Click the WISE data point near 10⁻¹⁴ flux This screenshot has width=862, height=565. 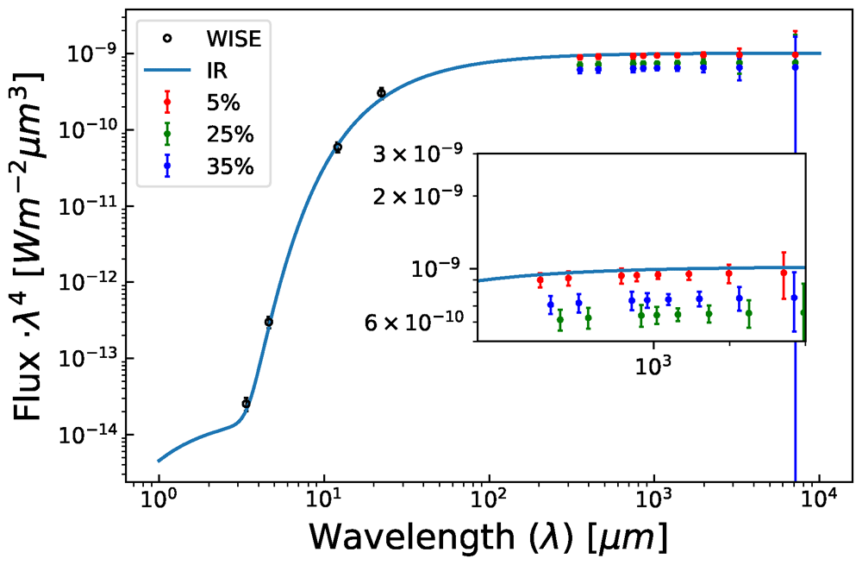(x=246, y=403)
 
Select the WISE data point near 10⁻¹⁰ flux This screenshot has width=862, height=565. (x=338, y=148)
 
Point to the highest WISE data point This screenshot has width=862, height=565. (x=381, y=92)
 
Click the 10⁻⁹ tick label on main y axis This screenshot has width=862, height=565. (x=93, y=53)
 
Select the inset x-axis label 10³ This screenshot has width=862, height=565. (x=653, y=363)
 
